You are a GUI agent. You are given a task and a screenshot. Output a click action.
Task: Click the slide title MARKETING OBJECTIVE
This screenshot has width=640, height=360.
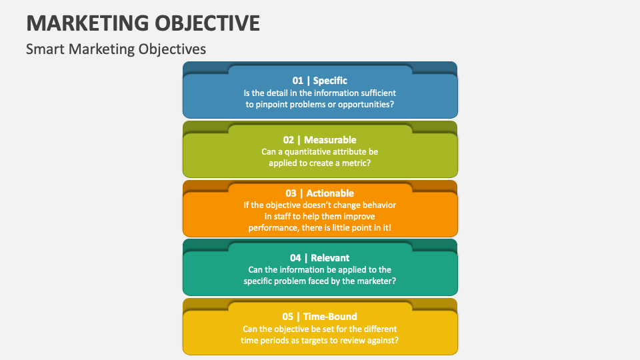143,22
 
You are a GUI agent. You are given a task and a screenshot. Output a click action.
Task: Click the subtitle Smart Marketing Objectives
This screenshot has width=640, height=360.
116,49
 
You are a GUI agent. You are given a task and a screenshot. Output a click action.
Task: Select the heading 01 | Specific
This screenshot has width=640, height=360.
319,81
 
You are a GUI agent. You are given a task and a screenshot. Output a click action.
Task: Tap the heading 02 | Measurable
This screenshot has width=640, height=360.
319,140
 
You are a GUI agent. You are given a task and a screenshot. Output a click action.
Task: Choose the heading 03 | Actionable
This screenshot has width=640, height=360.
319,193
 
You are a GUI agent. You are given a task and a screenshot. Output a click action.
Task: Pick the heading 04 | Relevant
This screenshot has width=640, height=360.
319,257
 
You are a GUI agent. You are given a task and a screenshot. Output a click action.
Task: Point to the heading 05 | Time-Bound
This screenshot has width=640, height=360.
319,317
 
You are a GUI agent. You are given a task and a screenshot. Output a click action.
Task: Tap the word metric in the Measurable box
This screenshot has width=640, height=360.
357,163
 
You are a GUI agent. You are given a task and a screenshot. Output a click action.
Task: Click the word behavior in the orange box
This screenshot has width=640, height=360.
377,205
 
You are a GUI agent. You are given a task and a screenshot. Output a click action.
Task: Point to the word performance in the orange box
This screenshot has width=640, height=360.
273,227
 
